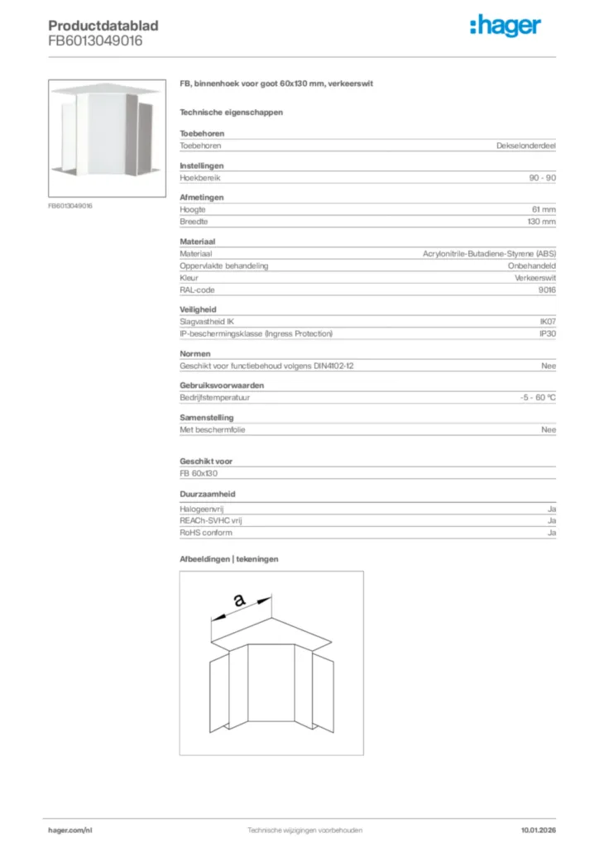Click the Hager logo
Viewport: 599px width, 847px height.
[505, 26]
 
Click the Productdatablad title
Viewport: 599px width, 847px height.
[103, 26]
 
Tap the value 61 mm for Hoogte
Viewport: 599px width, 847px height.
[543, 209]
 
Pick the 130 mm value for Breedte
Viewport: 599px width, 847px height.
[541, 222]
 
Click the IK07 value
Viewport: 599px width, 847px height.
[547, 321]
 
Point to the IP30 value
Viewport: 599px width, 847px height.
[547, 333]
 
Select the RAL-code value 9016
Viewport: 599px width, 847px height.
[547, 290]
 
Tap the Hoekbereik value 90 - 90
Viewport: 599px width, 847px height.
[542, 178]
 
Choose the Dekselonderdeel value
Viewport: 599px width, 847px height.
[525, 146]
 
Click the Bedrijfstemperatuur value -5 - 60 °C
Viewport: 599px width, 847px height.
[532, 397]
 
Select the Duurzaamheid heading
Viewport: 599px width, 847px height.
[208, 494]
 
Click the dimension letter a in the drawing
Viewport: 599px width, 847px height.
[239, 601]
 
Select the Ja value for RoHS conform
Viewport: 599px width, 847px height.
[551, 533]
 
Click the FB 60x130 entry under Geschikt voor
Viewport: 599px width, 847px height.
[199, 474]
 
